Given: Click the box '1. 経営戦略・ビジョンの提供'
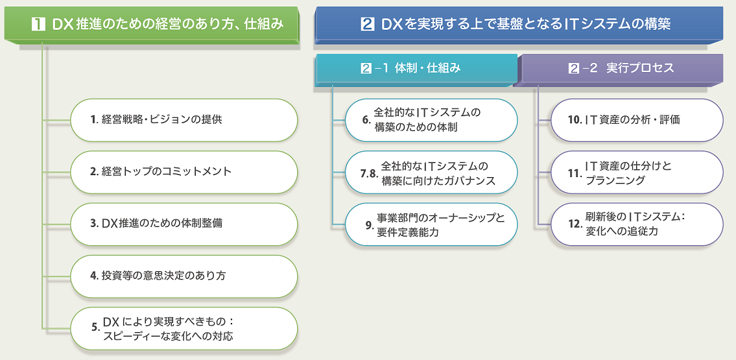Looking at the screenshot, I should [x=184, y=120].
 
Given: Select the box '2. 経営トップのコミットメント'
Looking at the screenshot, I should [x=184, y=172].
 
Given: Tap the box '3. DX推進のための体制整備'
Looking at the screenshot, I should [x=184, y=224].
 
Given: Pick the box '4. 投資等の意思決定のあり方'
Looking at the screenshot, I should [x=184, y=276].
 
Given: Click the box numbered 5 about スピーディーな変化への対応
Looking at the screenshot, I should [x=184, y=329].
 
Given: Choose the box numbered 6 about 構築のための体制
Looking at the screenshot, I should [x=431, y=120].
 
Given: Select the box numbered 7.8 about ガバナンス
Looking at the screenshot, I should [x=431, y=173].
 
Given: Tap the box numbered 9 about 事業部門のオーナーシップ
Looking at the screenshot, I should [x=431, y=224].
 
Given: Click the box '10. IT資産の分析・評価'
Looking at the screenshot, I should [x=636, y=120].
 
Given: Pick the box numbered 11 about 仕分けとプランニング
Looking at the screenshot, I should [x=636, y=173].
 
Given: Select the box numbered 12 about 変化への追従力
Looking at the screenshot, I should [x=636, y=224].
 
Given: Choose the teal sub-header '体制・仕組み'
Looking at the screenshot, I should [x=415, y=68].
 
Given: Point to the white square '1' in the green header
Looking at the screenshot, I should [x=39, y=25].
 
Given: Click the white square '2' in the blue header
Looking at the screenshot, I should [x=368, y=25].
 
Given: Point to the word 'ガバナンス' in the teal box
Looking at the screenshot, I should [x=469, y=181].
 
